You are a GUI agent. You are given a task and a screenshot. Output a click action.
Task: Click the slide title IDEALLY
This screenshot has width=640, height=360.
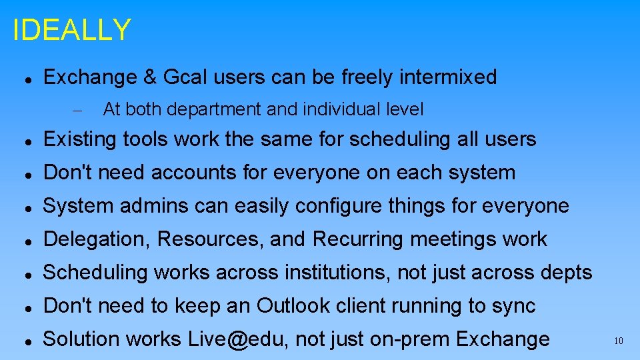coord(72,30)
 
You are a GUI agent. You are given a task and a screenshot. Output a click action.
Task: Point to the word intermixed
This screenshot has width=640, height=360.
coord(447,77)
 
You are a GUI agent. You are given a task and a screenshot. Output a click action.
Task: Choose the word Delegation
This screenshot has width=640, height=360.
coord(95,239)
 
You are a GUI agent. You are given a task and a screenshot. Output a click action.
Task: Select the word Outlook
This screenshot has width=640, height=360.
coord(293,306)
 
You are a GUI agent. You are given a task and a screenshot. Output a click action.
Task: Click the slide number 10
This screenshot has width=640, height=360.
coord(618,341)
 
